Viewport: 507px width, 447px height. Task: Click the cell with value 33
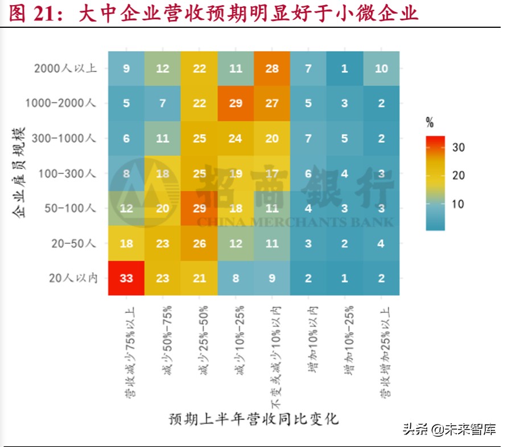tap(126, 278)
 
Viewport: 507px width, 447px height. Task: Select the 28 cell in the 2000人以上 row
tap(271, 69)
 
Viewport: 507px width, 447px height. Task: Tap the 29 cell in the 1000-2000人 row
tap(235, 104)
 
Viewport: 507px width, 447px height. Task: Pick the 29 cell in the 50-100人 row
tap(199, 208)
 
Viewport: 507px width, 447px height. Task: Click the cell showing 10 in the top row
tap(381, 69)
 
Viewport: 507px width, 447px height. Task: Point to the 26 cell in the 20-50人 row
tap(199, 243)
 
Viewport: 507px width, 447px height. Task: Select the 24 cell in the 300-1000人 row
tap(235, 139)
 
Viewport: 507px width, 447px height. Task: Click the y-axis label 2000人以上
tap(65, 69)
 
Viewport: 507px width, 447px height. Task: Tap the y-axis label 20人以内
tap(73, 278)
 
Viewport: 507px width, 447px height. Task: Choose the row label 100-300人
tap(68, 173)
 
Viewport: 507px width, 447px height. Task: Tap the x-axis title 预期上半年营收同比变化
tap(254, 420)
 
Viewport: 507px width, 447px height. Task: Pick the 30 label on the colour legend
tap(459, 148)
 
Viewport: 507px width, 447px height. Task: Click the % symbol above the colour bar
tap(430, 122)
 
